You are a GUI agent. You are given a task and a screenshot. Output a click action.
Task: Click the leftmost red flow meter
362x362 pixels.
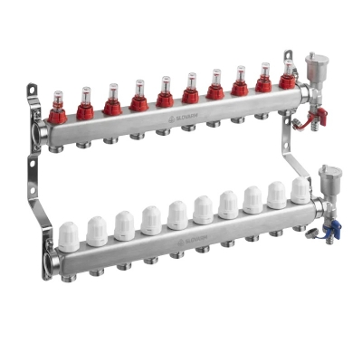point(58,110)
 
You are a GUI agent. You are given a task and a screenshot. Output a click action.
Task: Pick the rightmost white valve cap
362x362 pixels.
point(300,189)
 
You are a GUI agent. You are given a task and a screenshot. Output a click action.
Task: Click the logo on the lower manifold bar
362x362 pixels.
point(186,240)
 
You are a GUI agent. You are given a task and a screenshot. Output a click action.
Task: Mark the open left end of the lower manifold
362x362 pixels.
point(51,262)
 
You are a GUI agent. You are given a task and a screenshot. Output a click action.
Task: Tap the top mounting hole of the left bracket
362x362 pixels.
point(32,92)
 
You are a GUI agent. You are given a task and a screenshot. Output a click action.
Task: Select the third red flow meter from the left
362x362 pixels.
point(112,101)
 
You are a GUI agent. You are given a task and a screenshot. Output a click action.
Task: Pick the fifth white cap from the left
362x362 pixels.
point(176,214)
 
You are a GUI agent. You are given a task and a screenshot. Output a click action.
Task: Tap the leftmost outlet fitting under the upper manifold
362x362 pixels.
point(60,148)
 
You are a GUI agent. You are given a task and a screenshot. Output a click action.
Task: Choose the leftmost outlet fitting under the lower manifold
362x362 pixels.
point(71,272)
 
